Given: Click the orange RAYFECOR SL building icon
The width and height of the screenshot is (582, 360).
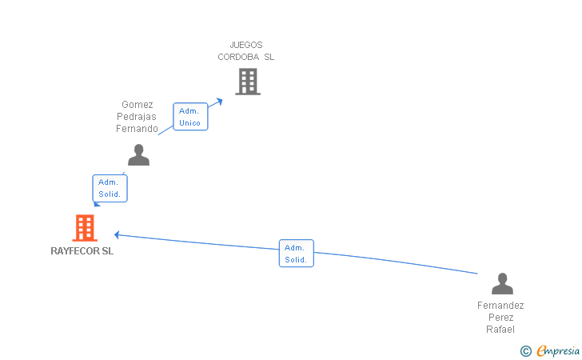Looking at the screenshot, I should coord(84,228).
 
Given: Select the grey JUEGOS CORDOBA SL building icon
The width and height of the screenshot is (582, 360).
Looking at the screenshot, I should coord(248,82).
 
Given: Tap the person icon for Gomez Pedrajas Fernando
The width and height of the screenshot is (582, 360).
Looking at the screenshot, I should coord(138,155).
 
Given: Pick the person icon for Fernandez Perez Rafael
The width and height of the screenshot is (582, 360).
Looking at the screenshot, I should coord(502,284).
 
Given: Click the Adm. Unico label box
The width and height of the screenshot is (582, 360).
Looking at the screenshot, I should coord(190,117).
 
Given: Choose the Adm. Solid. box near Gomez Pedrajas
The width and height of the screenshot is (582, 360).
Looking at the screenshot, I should coord(110,189).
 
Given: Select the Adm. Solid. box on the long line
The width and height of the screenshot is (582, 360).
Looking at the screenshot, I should coord(296,254).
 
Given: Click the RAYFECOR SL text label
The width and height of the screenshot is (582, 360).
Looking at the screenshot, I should coord(82,251).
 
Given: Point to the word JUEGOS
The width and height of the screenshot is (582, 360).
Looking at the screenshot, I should coord(246,46).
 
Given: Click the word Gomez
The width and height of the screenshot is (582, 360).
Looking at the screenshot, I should coord(138,105).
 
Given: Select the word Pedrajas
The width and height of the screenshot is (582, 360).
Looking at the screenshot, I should coord(138,117).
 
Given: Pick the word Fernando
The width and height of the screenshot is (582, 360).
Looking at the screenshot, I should coord(138,128).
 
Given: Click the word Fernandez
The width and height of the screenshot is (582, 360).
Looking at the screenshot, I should coord(500,306).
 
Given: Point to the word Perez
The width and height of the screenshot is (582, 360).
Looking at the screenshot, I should coord(500,318).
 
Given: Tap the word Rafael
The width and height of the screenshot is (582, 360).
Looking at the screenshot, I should coord(500,330).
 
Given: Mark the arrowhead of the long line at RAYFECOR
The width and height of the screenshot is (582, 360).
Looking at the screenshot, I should coord(117,234).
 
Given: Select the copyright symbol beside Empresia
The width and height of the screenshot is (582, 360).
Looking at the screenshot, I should coord(525,350).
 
